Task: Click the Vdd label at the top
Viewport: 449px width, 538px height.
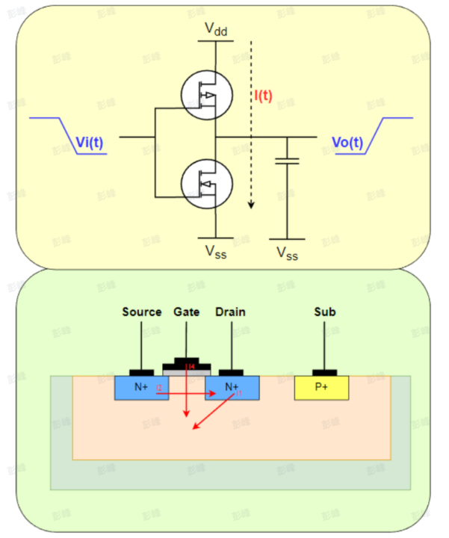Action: coord(217,30)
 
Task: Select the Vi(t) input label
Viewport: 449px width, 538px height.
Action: coord(90,143)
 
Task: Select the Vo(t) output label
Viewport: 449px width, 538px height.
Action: coord(348,143)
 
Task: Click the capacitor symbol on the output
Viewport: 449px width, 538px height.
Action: coord(288,160)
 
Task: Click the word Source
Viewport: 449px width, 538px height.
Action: coord(142,312)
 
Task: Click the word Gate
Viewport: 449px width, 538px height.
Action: coord(187,312)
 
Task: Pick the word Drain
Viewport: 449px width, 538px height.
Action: coord(230,312)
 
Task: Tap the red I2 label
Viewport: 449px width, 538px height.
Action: coord(159,389)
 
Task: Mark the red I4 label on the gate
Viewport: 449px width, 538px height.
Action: coord(191,366)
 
